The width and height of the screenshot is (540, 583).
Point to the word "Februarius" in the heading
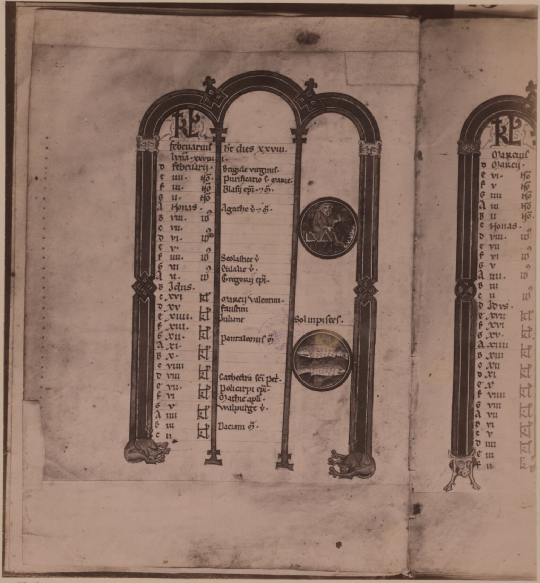191,147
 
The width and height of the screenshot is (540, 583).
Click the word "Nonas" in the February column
184,208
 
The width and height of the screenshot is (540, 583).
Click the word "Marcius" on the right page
510,154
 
